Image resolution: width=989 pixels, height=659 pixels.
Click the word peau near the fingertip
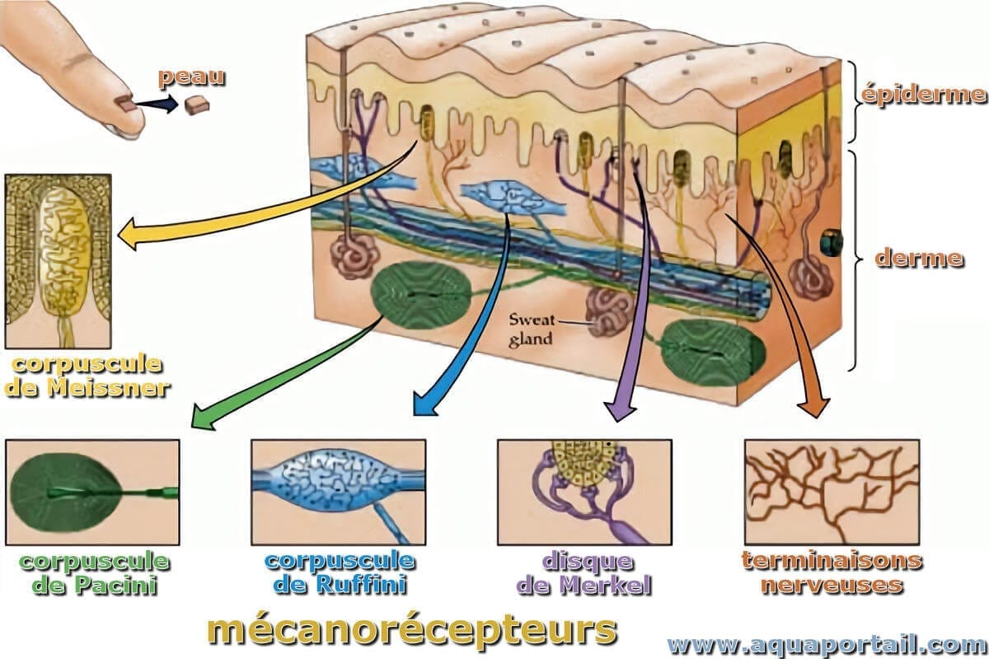[192, 79]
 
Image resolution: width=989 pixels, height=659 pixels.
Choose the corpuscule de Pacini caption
[94, 574]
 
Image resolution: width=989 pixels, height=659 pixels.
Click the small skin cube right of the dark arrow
[196, 105]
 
